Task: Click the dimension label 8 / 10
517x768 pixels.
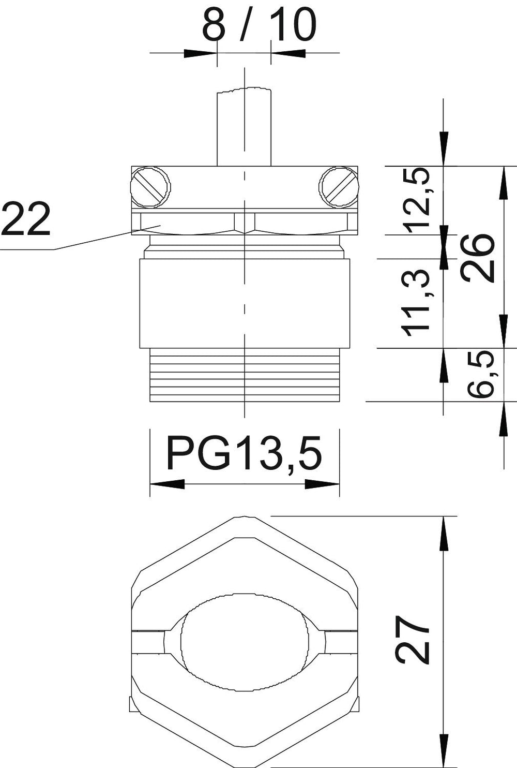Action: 258,25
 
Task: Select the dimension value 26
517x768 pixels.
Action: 478,257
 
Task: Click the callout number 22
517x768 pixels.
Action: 26,218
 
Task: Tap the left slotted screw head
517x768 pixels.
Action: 150,187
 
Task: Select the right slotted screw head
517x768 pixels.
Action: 339,187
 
